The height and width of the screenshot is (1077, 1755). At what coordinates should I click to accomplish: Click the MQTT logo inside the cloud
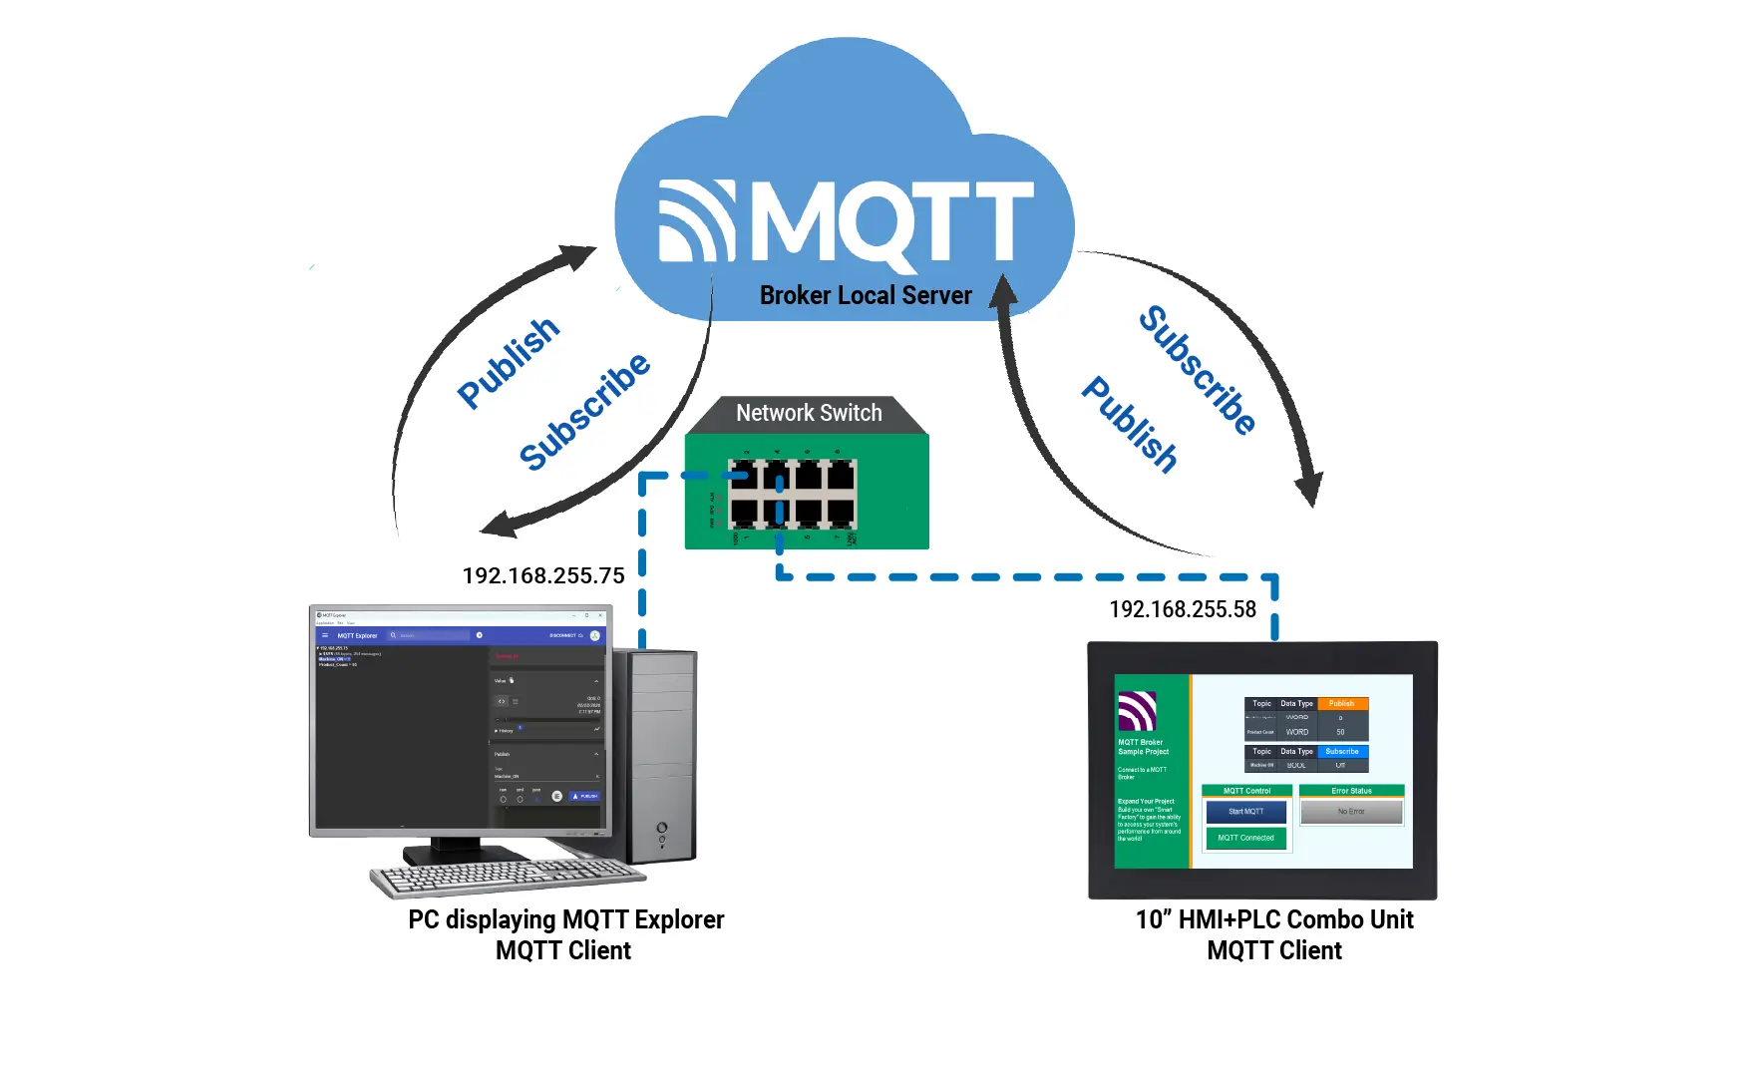[846, 221]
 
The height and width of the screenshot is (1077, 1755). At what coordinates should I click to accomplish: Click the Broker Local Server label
[865, 295]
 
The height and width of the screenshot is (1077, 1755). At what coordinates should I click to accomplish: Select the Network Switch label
[809, 413]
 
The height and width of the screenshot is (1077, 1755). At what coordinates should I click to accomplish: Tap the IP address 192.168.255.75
[543, 575]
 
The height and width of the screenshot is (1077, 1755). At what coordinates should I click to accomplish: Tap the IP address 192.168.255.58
[1183, 609]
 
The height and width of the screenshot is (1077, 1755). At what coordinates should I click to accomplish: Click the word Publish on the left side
[509, 362]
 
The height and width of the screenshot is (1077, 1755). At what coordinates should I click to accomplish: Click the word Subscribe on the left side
[584, 410]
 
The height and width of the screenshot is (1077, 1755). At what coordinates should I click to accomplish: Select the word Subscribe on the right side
[1197, 370]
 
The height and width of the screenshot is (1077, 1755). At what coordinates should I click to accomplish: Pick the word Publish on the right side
[1131, 424]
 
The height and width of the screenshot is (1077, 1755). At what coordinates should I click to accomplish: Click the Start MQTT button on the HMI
[1245, 812]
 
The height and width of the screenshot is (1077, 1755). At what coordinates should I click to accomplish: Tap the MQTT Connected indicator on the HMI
[1245, 838]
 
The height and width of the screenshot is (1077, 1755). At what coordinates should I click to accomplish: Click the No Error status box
[1351, 812]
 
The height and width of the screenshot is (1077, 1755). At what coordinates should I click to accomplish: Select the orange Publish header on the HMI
[1341, 704]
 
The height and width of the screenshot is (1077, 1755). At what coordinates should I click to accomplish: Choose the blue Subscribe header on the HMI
[1341, 752]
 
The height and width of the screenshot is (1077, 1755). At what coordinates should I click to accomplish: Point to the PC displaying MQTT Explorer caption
[565, 919]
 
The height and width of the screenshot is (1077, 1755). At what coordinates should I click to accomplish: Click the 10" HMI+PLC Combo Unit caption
[1273, 919]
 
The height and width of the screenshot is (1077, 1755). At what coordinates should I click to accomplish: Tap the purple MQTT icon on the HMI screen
[1137, 711]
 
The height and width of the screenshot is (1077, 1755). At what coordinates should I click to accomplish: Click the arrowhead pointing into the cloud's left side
[581, 257]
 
